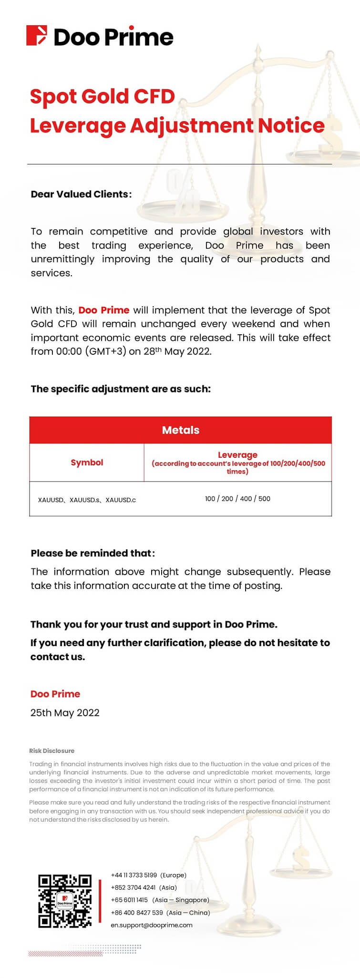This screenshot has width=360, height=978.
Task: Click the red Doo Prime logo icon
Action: (37, 36)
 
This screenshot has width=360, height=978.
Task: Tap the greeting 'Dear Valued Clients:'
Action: (81, 194)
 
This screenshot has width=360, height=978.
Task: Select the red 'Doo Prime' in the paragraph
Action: (103, 310)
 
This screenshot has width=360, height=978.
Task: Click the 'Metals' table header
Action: (180, 430)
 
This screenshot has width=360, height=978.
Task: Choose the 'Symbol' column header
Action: (87, 463)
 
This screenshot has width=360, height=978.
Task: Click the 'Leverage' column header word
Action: (237, 455)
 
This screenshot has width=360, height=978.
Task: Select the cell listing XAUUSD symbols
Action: (87, 500)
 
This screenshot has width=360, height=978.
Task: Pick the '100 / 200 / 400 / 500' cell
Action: (237, 499)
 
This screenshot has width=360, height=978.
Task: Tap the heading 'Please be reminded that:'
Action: (93, 553)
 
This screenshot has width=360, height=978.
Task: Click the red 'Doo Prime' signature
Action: (55, 694)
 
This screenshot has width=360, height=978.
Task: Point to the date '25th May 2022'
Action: (65, 713)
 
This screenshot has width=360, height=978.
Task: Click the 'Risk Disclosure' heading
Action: (51, 751)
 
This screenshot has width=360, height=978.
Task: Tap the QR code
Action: (65, 901)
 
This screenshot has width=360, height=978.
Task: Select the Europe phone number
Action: (134, 875)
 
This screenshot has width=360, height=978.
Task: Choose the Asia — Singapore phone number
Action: (129, 900)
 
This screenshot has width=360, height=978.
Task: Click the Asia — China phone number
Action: (137, 912)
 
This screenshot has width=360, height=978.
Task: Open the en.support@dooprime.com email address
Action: (152, 925)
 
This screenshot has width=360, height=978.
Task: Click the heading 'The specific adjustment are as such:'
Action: (121, 389)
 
